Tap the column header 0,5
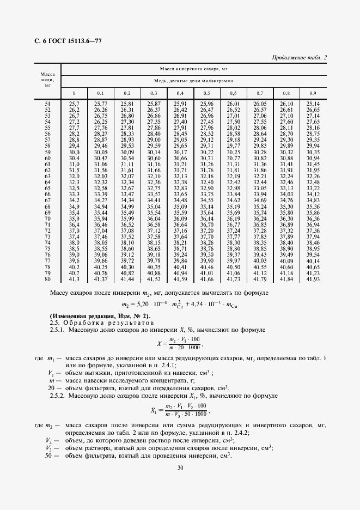[x=206, y=93]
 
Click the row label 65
[x=47, y=194]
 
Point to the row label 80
[x=47, y=279]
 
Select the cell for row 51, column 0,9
[x=313, y=104]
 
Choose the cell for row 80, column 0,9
[x=313, y=279]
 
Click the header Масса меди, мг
[x=47, y=79]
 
